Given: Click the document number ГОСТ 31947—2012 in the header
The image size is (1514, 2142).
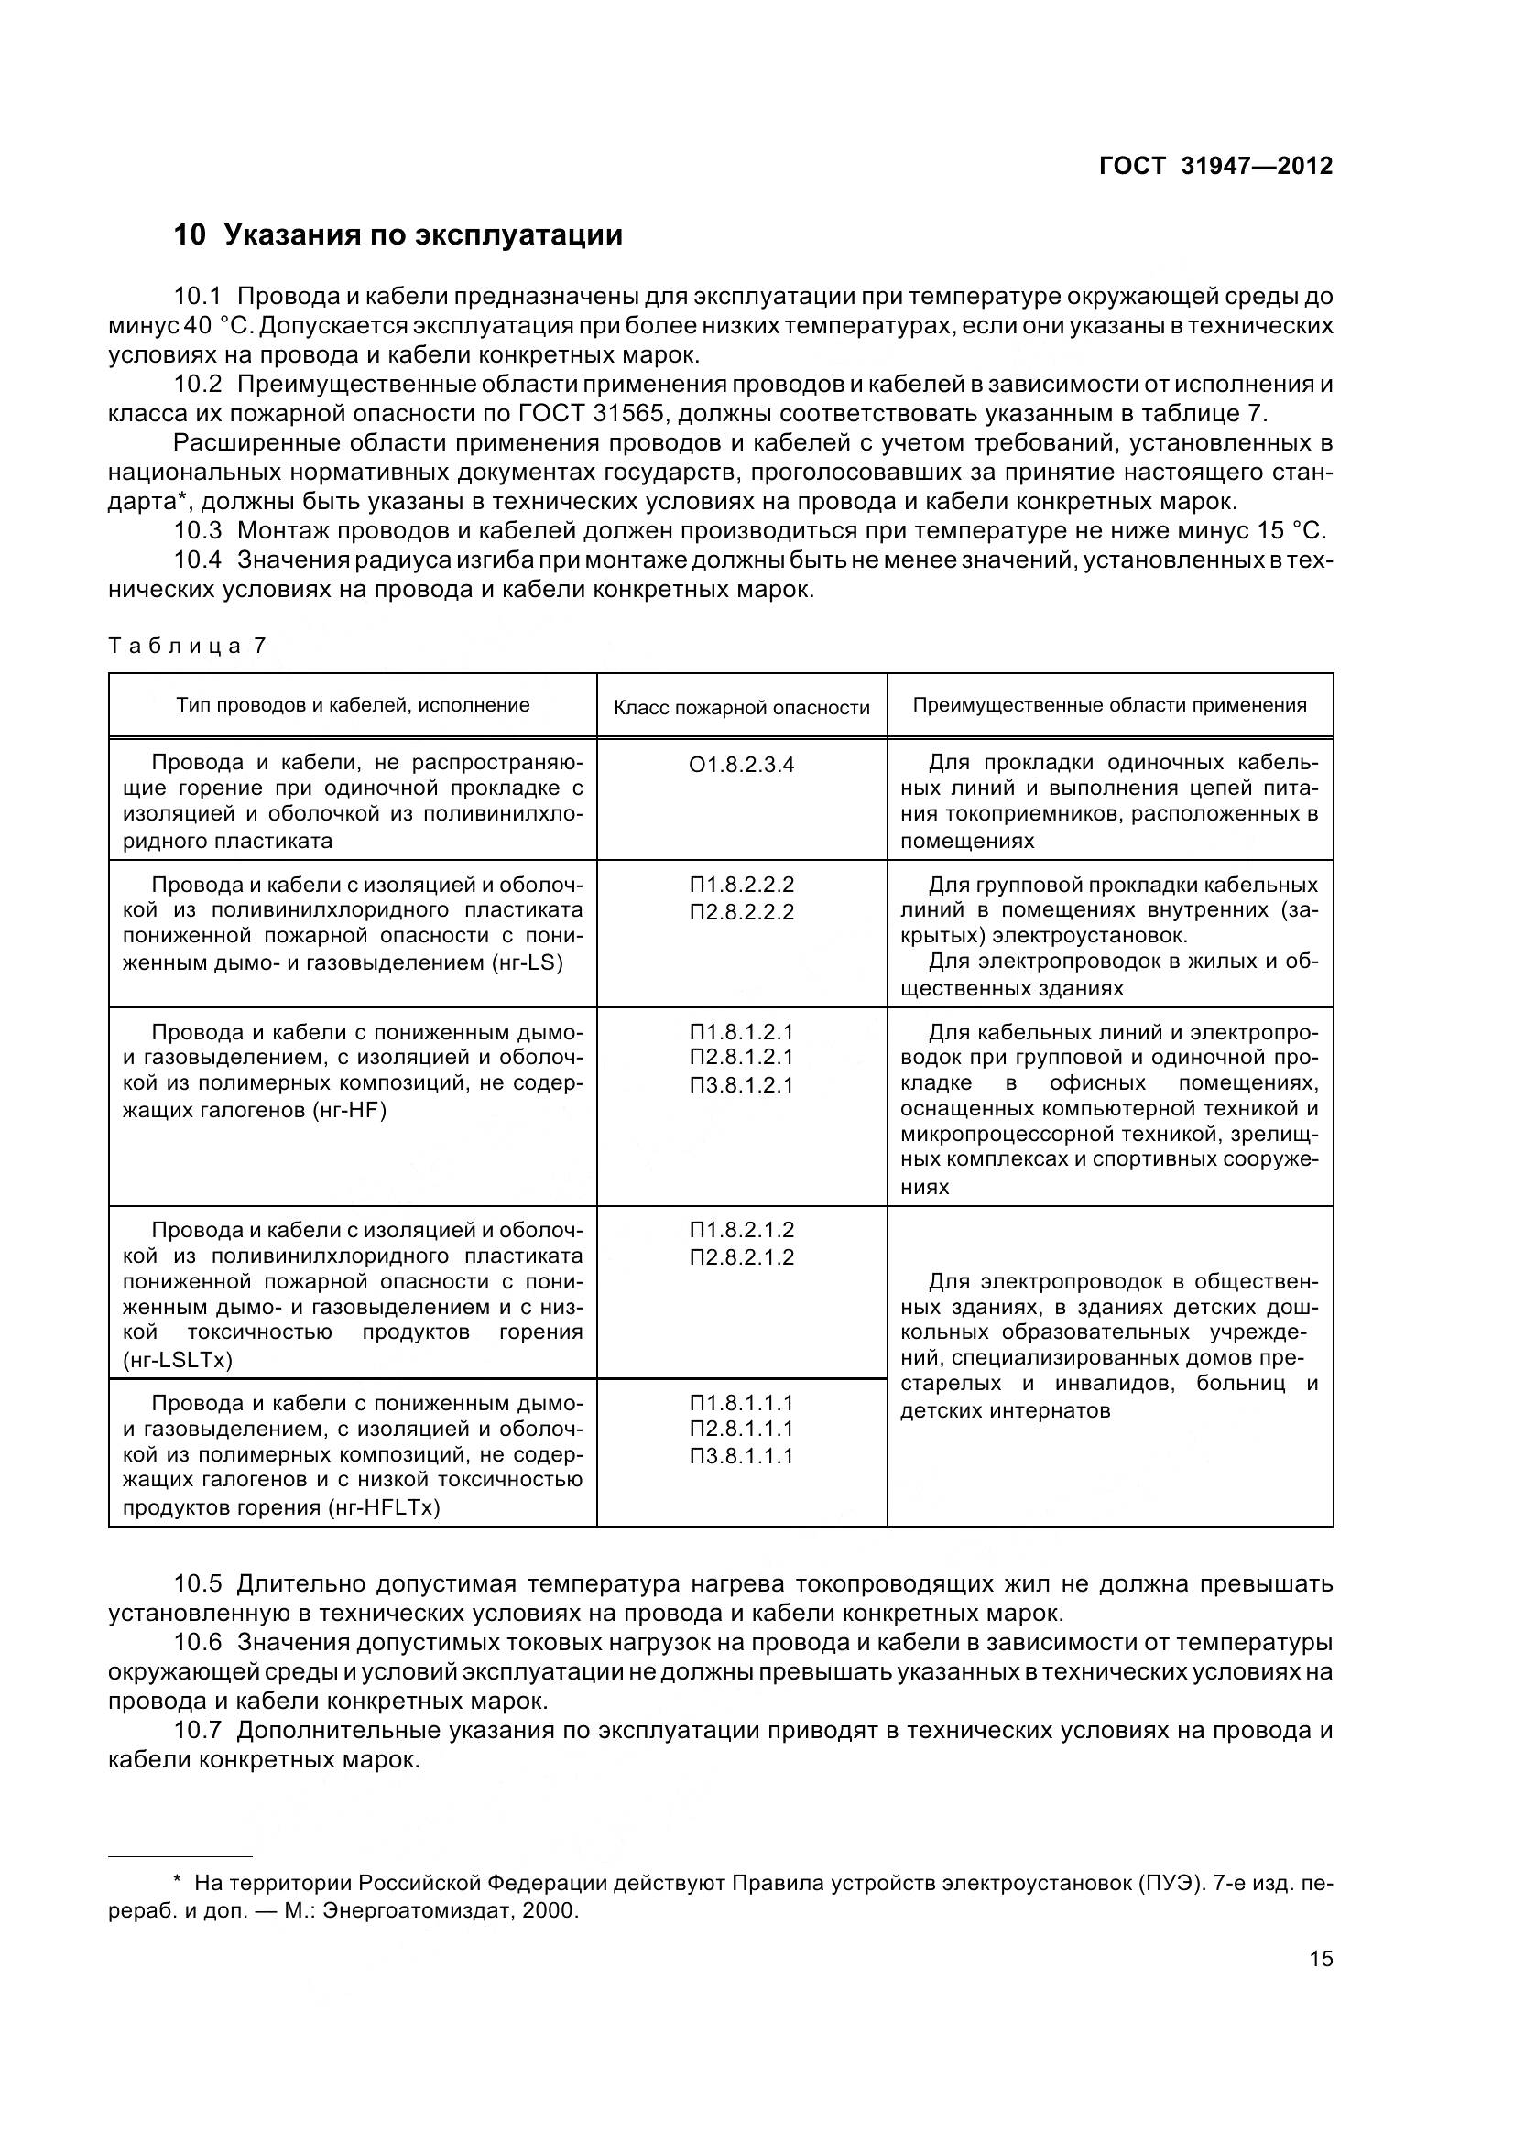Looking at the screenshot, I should (x=1215, y=166).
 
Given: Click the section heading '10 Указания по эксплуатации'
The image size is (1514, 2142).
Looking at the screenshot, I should (x=398, y=234).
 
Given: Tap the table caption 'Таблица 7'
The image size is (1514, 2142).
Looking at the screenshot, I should (x=188, y=646).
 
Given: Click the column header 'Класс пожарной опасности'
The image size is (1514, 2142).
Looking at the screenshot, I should (x=742, y=707).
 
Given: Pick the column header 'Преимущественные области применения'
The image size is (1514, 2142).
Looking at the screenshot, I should (x=1109, y=705).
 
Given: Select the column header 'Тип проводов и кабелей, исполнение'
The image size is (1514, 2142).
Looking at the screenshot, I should (x=353, y=705).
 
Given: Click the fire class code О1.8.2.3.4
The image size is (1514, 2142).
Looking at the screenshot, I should (x=742, y=765).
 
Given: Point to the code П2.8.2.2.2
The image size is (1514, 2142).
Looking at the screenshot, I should (x=742, y=911).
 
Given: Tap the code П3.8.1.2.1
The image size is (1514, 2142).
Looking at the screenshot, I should (x=742, y=1085).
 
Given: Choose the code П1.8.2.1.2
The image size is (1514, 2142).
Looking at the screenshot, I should (x=742, y=1230).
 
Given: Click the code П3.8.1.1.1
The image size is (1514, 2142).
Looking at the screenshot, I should (x=742, y=1456).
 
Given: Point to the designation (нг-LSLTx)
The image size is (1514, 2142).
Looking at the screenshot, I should (x=178, y=1360).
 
